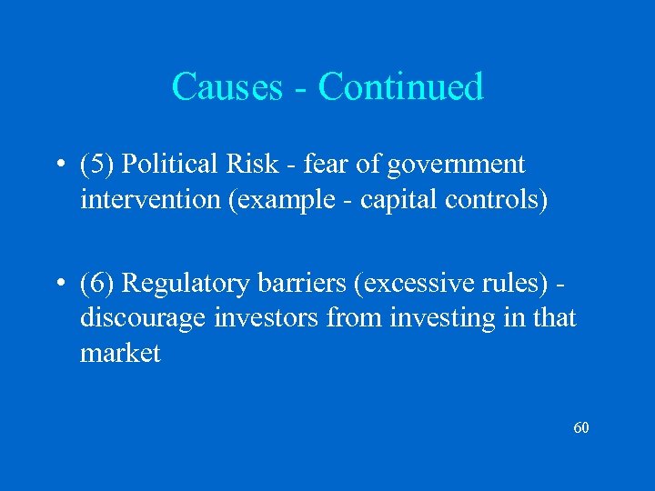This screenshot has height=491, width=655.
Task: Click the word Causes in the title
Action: coord(227,87)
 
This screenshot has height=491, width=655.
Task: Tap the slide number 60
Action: coord(581,427)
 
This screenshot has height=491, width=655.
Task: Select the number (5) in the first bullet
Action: coord(96,165)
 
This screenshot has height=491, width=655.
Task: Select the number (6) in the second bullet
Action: coord(96,285)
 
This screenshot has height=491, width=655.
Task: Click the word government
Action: coord(456,165)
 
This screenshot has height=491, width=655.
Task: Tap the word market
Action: coord(120,352)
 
